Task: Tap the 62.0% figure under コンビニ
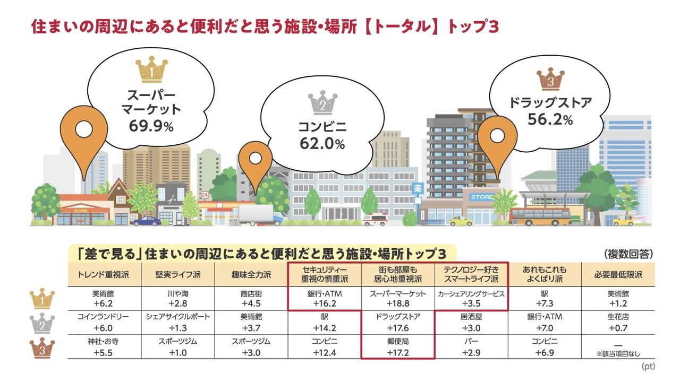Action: (322, 143)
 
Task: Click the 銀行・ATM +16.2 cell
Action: (325, 299)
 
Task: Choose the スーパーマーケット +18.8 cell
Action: (398, 299)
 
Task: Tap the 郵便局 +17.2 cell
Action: (398, 347)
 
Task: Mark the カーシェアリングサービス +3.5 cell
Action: (471, 299)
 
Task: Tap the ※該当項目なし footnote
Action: (618, 353)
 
